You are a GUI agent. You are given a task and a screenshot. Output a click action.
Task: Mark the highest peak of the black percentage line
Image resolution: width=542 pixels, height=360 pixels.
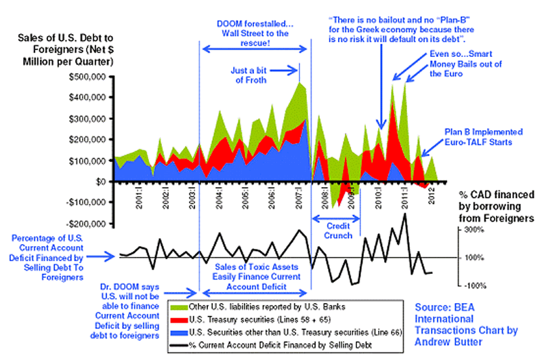click(404, 214)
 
